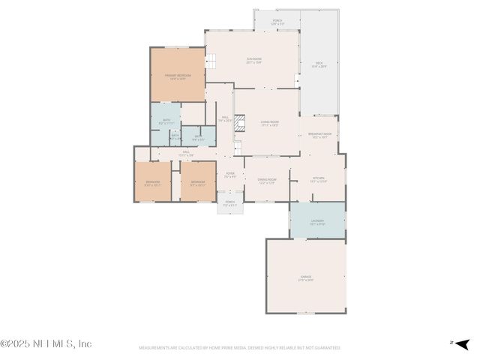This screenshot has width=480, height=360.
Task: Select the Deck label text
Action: tap(319, 64)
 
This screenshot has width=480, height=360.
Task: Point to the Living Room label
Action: tap(269, 123)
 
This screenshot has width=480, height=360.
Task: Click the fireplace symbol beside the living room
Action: tap(240, 123)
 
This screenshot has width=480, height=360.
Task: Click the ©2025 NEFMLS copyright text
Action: tap(46, 343)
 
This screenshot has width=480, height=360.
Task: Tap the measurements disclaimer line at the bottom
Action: tap(240, 348)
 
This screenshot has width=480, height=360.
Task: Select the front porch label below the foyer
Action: tap(230, 203)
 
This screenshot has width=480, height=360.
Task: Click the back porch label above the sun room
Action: tap(277, 22)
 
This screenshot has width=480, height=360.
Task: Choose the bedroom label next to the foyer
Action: tap(198, 183)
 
